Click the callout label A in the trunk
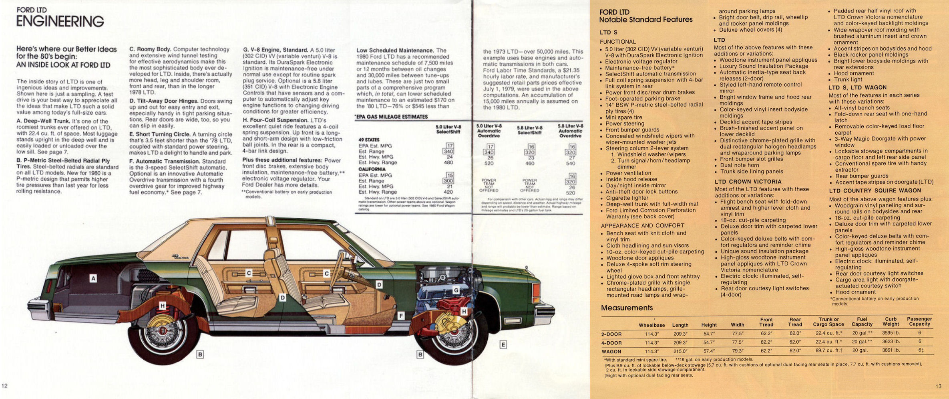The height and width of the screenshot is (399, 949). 93,278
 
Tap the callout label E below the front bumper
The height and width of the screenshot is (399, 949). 503,344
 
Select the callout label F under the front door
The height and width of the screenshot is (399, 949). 401,316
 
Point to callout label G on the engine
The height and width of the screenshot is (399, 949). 456,290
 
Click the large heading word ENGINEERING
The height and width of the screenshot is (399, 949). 60,21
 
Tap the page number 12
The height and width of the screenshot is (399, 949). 5,386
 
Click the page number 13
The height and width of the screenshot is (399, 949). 939,386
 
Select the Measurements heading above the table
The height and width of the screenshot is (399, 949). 627,308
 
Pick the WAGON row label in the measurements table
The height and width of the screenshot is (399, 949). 611,351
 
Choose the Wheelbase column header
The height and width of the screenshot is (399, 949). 651,325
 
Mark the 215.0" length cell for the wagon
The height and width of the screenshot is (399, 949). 680,351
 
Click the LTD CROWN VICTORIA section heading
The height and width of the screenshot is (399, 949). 748,182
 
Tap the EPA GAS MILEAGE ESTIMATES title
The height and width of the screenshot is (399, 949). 391,117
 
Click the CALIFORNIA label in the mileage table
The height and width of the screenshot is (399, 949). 372,169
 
